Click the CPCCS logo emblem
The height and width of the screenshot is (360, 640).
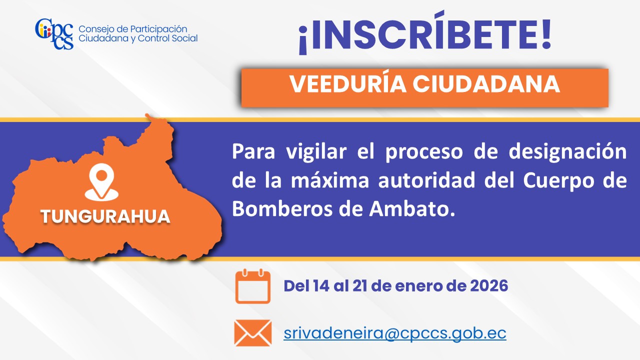tap(54, 34)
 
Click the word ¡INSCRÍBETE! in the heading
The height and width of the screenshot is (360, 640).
tap(425, 33)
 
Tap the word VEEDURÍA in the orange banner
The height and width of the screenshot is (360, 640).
tap(348, 84)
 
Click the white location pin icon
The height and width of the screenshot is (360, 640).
tap(101, 182)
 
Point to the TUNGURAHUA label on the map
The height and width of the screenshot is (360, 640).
tap(105, 216)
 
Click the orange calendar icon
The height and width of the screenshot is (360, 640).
tap(253, 286)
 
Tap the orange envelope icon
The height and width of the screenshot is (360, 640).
tap(253, 333)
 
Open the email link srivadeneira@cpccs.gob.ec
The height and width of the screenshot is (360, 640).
tap(395, 333)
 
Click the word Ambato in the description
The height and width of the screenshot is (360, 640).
tap(411, 209)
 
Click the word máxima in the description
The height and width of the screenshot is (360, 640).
tap(330, 180)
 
